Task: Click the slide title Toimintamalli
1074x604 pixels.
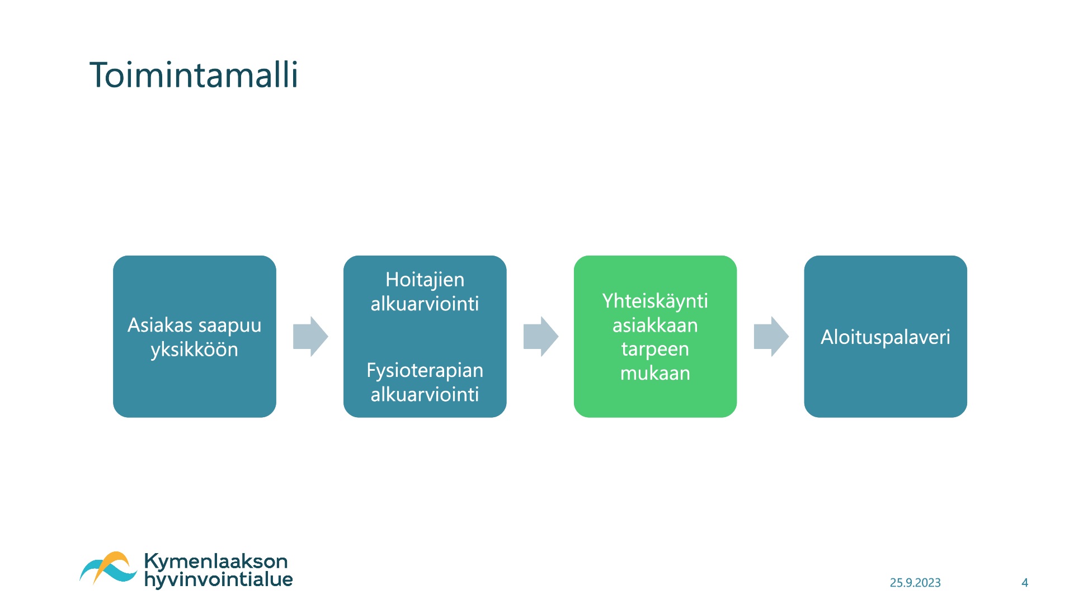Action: point(194,75)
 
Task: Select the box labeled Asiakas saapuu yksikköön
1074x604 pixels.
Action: point(195,337)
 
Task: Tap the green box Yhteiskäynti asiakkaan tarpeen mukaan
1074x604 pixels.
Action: point(655,337)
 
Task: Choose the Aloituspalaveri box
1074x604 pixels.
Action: point(885,337)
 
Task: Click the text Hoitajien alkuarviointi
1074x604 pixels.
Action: point(425,291)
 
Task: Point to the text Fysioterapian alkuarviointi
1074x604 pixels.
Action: point(425,382)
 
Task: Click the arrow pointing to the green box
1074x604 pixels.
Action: point(541,337)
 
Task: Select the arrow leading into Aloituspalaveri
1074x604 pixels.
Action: point(771,337)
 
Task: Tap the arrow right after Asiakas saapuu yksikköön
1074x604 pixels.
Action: point(310,337)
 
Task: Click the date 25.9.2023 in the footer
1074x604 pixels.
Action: point(915,583)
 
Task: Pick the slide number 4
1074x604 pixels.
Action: point(1025,583)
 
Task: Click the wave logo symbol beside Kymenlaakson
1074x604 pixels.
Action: point(108,568)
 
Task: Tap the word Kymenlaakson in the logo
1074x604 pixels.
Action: point(216,561)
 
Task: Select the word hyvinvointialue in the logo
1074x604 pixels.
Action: point(219,580)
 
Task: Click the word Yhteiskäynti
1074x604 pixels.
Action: point(655,301)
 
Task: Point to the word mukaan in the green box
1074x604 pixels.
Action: point(655,373)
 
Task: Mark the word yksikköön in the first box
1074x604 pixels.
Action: point(195,350)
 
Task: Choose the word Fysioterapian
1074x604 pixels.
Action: point(425,371)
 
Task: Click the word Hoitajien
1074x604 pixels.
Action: point(425,280)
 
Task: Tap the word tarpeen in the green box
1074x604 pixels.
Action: point(655,350)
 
